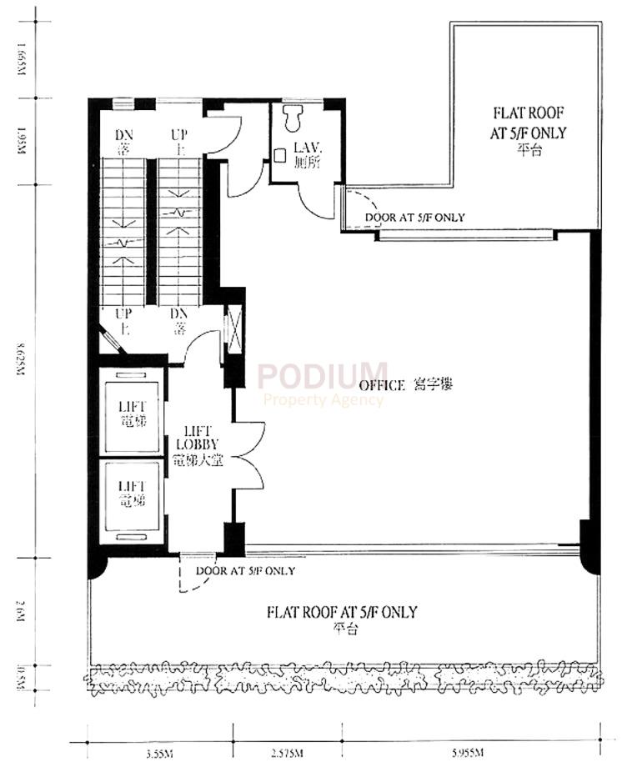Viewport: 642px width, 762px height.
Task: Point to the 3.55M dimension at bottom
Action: point(158,754)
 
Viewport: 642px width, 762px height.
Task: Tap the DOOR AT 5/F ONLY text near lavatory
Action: point(414,218)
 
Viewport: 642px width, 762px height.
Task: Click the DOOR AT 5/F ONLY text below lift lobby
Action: point(244,572)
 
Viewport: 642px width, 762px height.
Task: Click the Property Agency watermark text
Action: point(324,400)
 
